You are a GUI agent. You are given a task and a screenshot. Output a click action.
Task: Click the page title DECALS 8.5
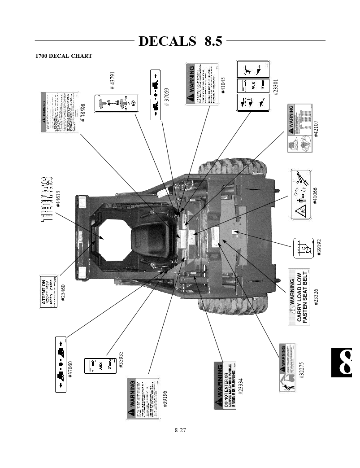[x=180, y=41]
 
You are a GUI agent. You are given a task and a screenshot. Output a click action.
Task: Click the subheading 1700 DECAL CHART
[x=64, y=57]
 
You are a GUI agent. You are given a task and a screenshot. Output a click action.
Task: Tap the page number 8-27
[x=180, y=430]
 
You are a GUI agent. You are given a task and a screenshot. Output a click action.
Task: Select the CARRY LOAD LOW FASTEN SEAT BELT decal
[x=298, y=297]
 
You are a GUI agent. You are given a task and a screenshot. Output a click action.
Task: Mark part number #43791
[x=113, y=81]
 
